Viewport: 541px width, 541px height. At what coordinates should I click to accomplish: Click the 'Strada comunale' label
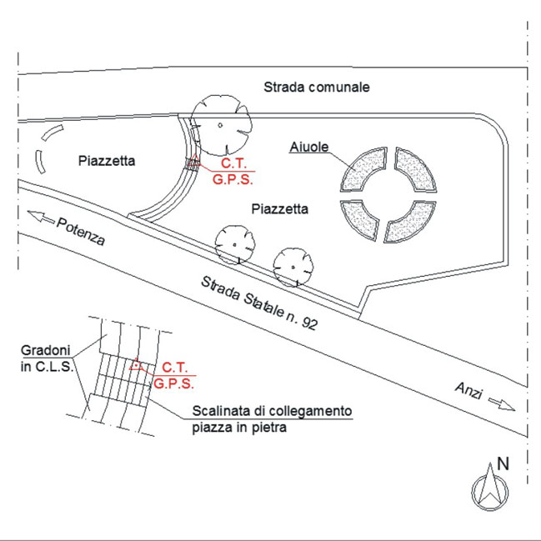pyautogui.click(x=317, y=87)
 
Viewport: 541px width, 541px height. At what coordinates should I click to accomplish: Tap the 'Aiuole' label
pyautogui.click(x=308, y=147)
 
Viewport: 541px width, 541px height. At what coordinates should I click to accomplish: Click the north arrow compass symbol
pyautogui.click(x=489, y=488)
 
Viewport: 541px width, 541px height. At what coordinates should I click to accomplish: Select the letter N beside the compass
pyautogui.click(x=503, y=463)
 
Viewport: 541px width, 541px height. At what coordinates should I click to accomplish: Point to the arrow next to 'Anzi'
pyautogui.click(x=502, y=403)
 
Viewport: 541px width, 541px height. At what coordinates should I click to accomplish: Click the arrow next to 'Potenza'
pyautogui.click(x=41, y=217)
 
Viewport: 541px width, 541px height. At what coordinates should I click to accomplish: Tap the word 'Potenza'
pyautogui.click(x=81, y=232)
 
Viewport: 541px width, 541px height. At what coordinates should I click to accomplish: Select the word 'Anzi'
pyautogui.click(x=468, y=391)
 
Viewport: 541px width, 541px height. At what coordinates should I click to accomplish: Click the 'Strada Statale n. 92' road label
pyautogui.click(x=258, y=303)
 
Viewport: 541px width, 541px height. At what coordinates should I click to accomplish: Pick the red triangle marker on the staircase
pyautogui.click(x=136, y=364)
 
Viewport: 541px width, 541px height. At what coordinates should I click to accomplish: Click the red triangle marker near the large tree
pyautogui.click(x=194, y=160)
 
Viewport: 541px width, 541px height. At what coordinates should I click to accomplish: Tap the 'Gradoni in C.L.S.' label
pyautogui.click(x=47, y=358)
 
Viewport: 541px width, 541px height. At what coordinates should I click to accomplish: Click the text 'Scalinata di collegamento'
pyautogui.click(x=272, y=411)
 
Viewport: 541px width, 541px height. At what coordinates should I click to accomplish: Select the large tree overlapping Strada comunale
pyautogui.click(x=221, y=125)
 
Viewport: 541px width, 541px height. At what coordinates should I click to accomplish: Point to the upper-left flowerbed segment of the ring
pyautogui.click(x=363, y=169)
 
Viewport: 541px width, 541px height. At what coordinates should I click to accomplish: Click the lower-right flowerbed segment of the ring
pyautogui.click(x=411, y=223)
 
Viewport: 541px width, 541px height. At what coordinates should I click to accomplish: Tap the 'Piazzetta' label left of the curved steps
pyautogui.click(x=107, y=161)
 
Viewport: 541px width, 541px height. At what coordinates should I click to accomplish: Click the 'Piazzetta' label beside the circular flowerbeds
pyautogui.click(x=280, y=208)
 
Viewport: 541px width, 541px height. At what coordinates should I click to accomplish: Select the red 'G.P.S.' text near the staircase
pyautogui.click(x=173, y=383)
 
